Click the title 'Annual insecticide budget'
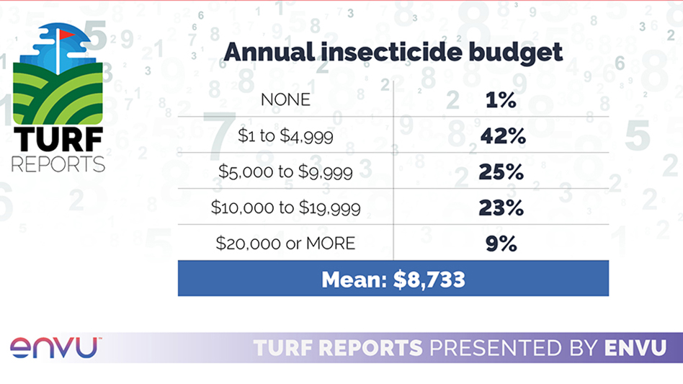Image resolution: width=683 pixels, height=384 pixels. (x=393, y=53)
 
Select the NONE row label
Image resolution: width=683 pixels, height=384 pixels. (x=285, y=99)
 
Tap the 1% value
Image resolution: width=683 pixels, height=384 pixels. (x=501, y=100)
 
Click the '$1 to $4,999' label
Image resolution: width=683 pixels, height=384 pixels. (x=285, y=135)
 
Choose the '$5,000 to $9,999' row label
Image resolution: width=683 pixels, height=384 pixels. (x=285, y=171)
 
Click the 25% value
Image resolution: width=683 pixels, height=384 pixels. (x=501, y=172)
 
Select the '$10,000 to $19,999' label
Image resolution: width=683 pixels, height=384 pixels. (x=285, y=207)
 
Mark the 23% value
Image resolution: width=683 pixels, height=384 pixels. (x=501, y=208)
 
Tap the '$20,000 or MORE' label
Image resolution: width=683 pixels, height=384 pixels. (x=285, y=244)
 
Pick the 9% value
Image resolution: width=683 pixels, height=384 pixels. (x=501, y=244)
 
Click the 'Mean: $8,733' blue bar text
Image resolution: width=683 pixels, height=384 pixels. (x=393, y=279)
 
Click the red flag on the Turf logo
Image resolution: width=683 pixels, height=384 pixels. (x=66, y=34)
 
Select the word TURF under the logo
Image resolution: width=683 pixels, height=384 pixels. (x=58, y=138)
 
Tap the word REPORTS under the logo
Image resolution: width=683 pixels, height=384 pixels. (x=58, y=164)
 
